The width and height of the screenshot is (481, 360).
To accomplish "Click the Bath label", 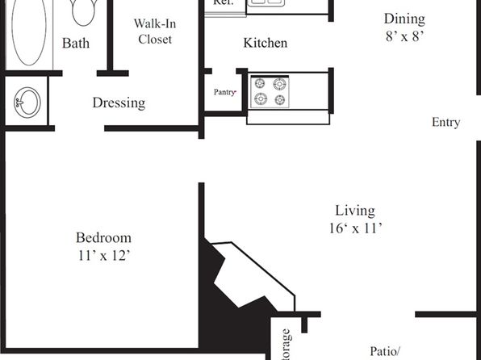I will pyautogui.click(x=76, y=44).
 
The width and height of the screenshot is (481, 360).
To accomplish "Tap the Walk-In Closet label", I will pyautogui.click(x=154, y=31).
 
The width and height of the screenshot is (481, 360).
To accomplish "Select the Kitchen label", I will pyautogui.click(x=266, y=43).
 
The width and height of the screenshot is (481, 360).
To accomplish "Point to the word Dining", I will pyautogui.click(x=404, y=19).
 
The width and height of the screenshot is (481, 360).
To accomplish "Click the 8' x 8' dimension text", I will pyautogui.click(x=404, y=36).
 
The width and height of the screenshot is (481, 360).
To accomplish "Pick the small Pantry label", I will pyautogui.click(x=224, y=92).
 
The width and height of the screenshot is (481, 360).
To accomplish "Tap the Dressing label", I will pyautogui.click(x=119, y=103).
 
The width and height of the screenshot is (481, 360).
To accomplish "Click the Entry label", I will pyautogui.click(x=445, y=123).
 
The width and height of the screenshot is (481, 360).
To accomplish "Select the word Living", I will pyautogui.click(x=355, y=211).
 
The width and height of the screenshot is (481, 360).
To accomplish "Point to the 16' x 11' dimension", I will pyautogui.click(x=355, y=228).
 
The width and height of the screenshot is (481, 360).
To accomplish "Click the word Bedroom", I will pyautogui.click(x=103, y=238).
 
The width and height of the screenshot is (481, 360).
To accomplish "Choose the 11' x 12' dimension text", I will pyautogui.click(x=103, y=256).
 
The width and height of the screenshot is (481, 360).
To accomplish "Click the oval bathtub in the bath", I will pyautogui.click(x=30, y=32).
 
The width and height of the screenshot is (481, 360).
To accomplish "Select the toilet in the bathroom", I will pyautogui.click(x=82, y=11).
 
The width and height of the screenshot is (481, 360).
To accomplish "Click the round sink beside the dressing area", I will pyautogui.click(x=27, y=103).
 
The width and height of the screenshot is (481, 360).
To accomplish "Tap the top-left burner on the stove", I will pyautogui.click(x=261, y=83).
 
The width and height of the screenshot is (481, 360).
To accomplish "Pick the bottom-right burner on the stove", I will pyautogui.click(x=280, y=100).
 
